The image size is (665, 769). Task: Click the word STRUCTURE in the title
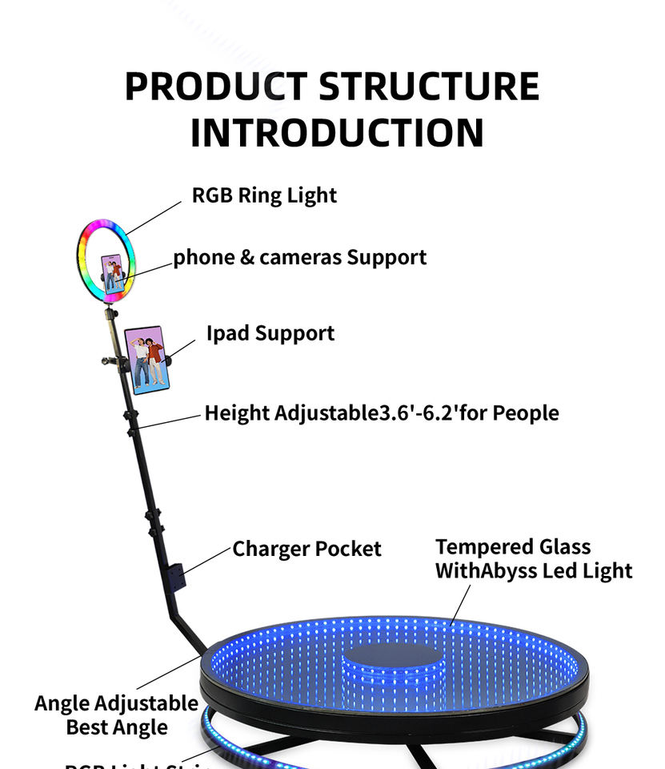point(429,87)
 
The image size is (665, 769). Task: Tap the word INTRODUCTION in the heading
point(337,133)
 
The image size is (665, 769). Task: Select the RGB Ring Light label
point(264,195)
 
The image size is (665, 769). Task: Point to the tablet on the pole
point(146,360)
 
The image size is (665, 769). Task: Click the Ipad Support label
point(270,333)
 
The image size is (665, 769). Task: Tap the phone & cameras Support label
point(300,257)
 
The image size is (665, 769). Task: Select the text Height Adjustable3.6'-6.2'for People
point(381,413)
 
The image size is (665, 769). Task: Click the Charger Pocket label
point(306,549)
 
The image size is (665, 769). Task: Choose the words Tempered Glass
point(513,547)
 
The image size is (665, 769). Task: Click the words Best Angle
point(117,727)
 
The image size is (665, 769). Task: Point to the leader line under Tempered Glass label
point(460,604)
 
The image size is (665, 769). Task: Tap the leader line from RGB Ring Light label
point(154,216)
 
